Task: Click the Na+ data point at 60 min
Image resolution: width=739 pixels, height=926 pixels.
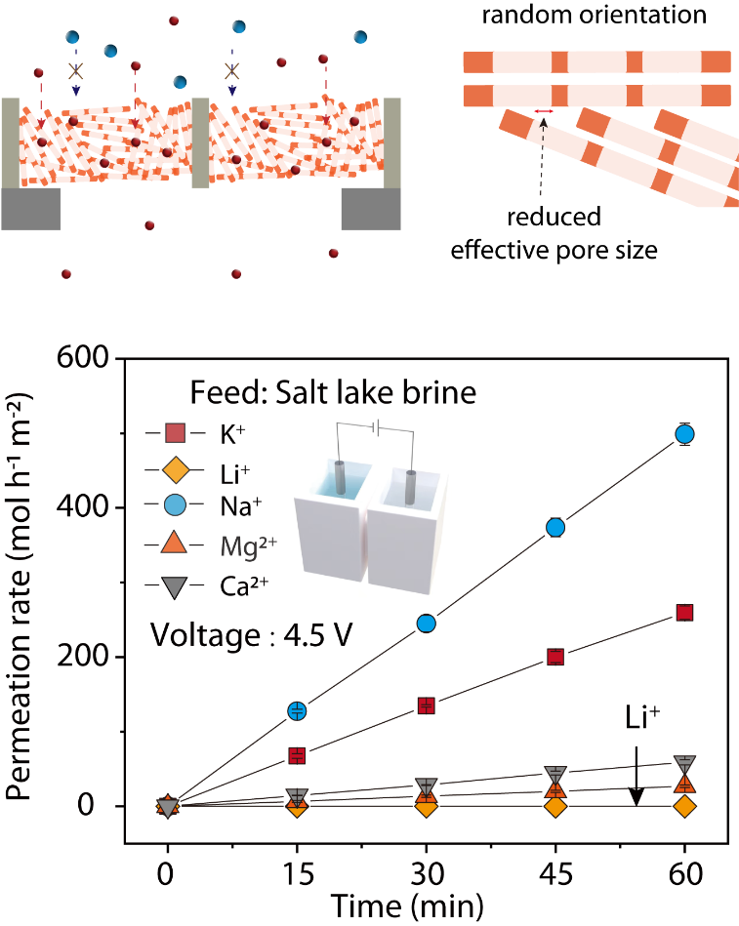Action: pos(684,434)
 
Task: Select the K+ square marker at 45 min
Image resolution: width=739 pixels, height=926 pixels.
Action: pos(555,657)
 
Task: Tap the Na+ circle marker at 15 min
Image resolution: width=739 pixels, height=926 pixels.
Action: pos(297,710)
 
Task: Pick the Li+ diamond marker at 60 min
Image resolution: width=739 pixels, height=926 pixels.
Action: pos(684,806)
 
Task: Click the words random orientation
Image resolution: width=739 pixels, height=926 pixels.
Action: pos(595,16)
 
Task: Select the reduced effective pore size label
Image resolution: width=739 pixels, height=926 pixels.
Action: pos(554,232)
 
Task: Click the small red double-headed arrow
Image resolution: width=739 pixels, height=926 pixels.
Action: pos(544,113)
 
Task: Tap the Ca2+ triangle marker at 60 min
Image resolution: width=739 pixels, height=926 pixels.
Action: pos(684,764)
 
